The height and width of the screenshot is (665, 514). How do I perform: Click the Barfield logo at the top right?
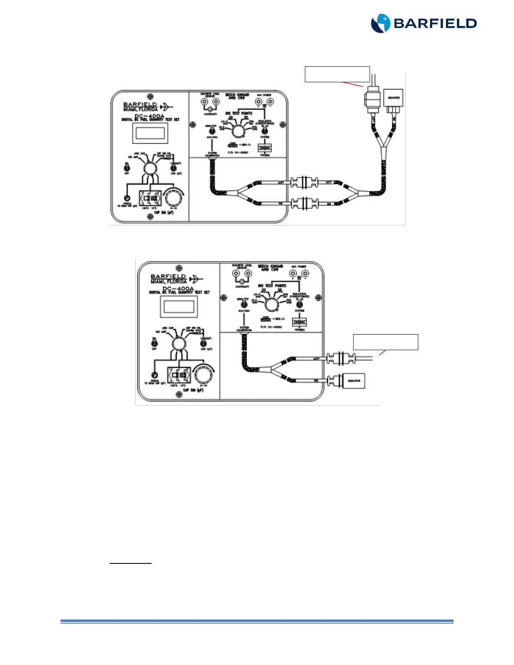[423, 23]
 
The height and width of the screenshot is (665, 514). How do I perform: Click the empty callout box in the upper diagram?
[337, 74]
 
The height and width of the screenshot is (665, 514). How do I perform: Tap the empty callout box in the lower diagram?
[385, 342]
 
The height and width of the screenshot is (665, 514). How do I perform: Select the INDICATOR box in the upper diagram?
[393, 98]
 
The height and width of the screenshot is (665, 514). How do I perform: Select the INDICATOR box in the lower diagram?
[354, 381]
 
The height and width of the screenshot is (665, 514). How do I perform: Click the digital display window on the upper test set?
[150, 133]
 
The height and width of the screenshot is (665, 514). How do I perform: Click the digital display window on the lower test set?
[179, 307]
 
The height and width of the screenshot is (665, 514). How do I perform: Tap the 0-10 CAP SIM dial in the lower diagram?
[203, 374]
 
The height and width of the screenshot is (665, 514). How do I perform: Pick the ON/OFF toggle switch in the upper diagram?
[127, 168]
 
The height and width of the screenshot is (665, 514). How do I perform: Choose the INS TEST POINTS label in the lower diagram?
[272, 285]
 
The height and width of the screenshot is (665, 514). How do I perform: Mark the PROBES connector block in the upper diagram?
[265, 148]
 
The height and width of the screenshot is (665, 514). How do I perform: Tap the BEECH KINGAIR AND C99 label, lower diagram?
[270, 267]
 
